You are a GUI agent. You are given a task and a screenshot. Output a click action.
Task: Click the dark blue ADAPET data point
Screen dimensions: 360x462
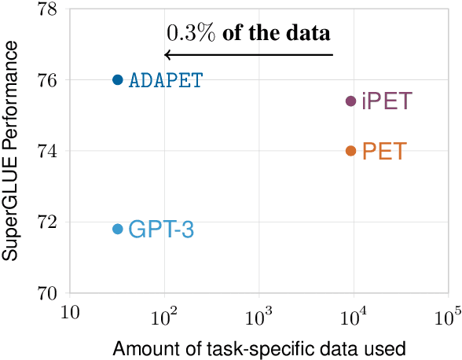pos(118,79)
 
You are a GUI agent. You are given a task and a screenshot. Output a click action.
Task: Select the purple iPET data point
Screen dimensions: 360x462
pos(351,101)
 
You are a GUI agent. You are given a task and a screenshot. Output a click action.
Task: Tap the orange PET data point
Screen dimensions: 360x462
pos(351,151)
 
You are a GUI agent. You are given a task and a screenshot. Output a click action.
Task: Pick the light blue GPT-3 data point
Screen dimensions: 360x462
pos(118,229)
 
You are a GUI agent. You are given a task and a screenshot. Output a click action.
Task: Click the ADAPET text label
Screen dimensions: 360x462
pos(166,80)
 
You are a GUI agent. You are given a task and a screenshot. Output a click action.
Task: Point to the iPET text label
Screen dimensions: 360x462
pos(387,101)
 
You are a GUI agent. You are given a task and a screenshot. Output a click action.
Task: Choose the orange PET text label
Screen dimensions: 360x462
pos(383,151)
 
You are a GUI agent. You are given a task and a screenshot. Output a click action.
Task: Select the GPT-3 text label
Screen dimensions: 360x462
pos(160,230)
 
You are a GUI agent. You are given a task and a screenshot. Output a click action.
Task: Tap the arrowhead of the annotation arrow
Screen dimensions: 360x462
pos(167,54)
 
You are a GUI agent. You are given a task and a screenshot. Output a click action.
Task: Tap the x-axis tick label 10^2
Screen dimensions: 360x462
pos(164,316)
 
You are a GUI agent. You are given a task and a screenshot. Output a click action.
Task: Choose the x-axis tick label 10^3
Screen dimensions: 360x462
pos(258,316)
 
